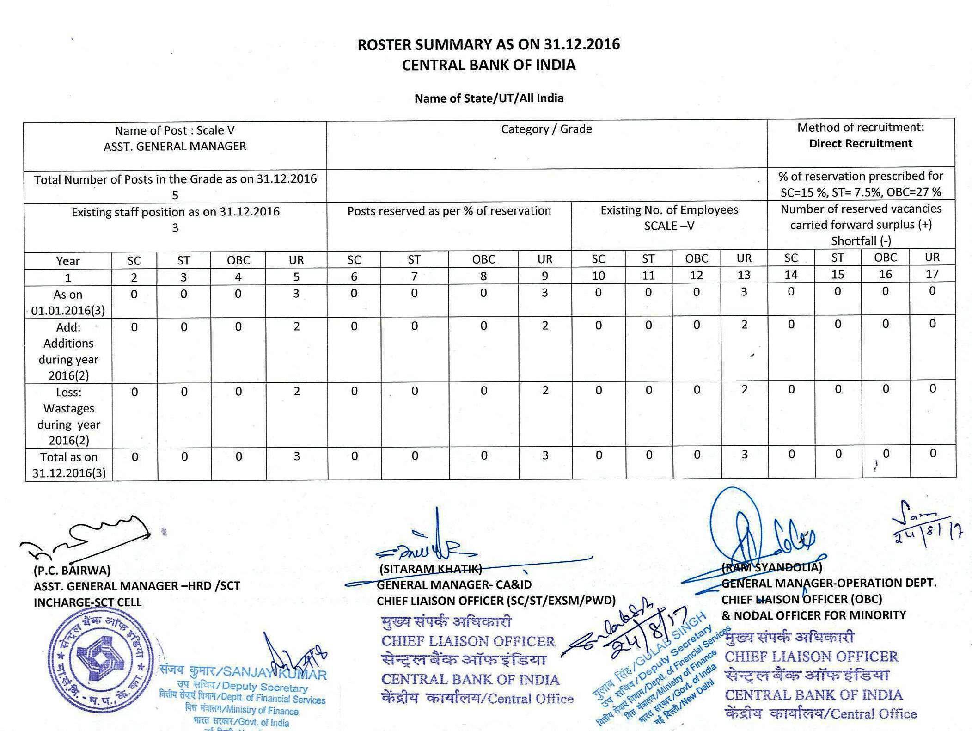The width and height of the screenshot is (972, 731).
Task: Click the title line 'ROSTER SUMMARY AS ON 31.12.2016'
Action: tap(489, 44)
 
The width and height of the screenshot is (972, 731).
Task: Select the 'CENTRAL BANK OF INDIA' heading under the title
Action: tap(489, 65)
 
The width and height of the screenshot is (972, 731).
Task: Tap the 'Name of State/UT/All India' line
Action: tap(489, 98)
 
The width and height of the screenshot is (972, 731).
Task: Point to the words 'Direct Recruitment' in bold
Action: tap(860, 143)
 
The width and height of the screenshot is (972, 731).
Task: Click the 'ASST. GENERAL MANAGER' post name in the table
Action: tap(175, 147)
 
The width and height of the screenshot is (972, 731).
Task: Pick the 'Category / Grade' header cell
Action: tap(546, 129)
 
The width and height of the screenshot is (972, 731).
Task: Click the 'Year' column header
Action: tap(68, 261)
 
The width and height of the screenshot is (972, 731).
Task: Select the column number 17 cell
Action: tap(932, 274)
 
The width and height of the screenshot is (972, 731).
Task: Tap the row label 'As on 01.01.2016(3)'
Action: tap(68, 302)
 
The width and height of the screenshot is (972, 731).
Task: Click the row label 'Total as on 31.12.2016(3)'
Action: tap(68, 465)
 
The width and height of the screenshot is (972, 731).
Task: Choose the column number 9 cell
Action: tap(545, 276)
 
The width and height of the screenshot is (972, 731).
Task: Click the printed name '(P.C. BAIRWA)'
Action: tap(72, 571)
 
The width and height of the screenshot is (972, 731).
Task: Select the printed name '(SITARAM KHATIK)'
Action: tap(430, 569)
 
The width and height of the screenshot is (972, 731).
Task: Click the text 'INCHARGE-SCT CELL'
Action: tap(88, 602)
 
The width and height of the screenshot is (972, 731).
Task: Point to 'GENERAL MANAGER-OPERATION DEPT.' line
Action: tap(829, 583)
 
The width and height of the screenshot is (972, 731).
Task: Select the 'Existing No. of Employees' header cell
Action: tap(669, 210)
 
